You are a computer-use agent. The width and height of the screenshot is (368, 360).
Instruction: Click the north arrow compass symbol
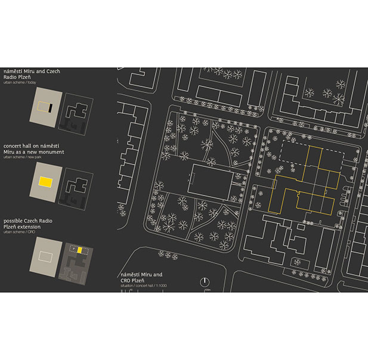point(205,281)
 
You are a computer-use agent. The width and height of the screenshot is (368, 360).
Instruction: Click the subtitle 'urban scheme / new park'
point(24,158)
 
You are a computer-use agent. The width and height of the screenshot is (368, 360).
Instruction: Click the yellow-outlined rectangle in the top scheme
point(43,107)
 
